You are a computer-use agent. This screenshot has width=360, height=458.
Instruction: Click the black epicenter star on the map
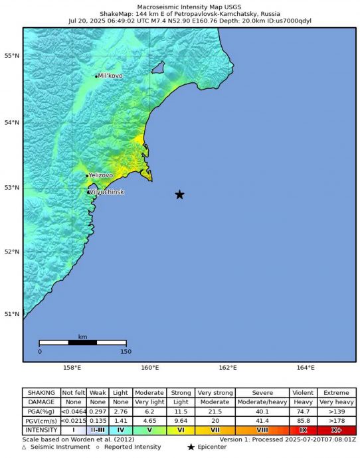(179, 194)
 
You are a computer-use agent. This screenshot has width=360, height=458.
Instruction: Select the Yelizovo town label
(101, 175)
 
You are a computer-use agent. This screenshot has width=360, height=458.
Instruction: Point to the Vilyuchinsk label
(106, 192)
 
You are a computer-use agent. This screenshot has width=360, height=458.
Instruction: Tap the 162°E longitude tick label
(228, 367)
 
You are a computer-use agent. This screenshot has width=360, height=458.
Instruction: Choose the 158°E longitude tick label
(72, 367)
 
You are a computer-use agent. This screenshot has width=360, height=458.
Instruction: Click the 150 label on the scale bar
(126, 351)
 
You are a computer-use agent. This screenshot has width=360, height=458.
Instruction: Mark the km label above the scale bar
(82, 337)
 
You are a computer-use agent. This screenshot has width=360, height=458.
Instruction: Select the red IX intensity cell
(303, 430)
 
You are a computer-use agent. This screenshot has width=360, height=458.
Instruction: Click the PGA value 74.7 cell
(303, 412)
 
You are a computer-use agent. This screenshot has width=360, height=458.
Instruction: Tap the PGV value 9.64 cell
(179, 421)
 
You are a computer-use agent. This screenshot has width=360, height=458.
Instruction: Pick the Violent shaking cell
(303, 393)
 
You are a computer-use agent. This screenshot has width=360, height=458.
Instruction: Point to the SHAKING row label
(41, 393)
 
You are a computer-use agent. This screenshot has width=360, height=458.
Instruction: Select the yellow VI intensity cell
(179, 430)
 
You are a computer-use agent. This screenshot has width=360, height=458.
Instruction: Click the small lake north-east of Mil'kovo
(158, 67)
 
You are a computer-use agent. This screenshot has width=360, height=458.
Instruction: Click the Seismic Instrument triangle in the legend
(25, 447)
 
